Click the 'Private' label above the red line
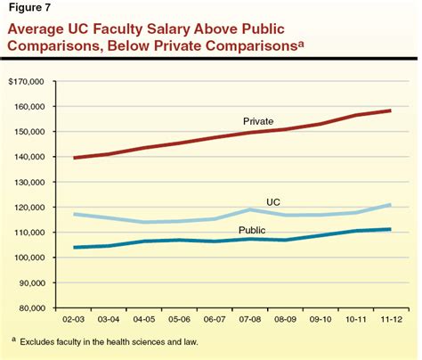click(258, 119)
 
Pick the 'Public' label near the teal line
click(252, 230)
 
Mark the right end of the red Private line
click(393, 110)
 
